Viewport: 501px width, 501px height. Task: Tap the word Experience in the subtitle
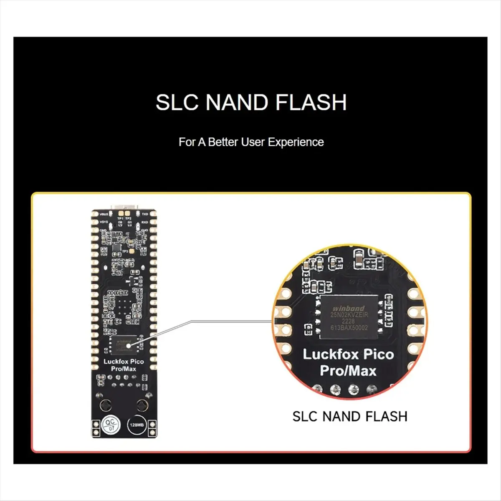click(296, 142)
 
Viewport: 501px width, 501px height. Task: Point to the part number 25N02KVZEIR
click(349, 315)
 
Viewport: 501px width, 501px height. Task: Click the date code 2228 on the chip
click(348, 321)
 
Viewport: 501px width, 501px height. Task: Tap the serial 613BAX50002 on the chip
click(349, 328)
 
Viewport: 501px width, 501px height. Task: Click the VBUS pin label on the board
click(103, 214)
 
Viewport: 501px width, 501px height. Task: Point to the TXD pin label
click(145, 214)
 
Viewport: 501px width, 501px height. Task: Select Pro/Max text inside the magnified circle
click(348, 371)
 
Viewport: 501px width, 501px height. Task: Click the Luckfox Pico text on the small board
click(124, 362)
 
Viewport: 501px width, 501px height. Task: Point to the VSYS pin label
click(103, 222)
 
